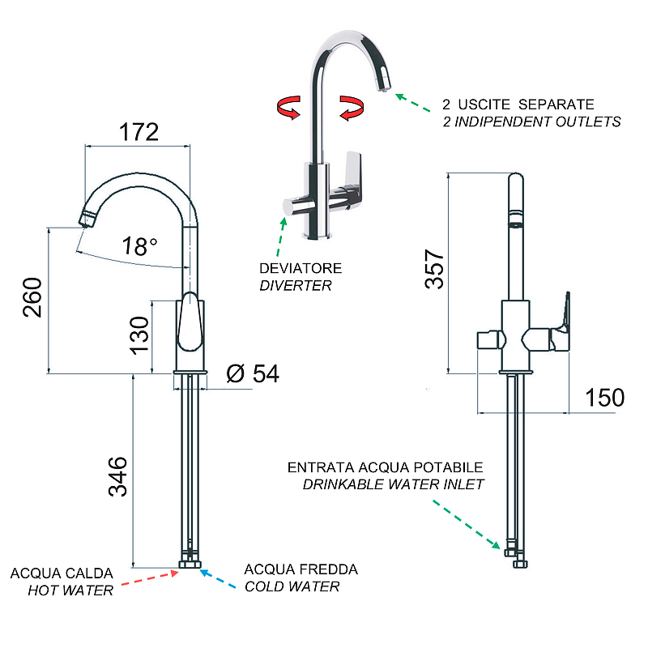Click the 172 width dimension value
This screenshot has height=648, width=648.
(x=139, y=131)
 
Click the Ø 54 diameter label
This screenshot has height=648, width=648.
(x=253, y=373)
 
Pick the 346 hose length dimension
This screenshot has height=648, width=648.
(x=118, y=476)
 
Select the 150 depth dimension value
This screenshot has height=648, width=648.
(x=603, y=398)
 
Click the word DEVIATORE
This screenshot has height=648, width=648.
(x=300, y=268)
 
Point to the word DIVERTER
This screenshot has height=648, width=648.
(x=295, y=285)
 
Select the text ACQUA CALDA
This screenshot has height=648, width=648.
(x=62, y=573)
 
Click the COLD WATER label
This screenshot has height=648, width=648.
(x=292, y=586)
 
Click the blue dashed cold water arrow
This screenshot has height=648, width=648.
(x=217, y=577)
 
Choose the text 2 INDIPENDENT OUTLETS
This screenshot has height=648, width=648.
(x=531, y=122)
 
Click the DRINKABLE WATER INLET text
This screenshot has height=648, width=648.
(x=393, y=484)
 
